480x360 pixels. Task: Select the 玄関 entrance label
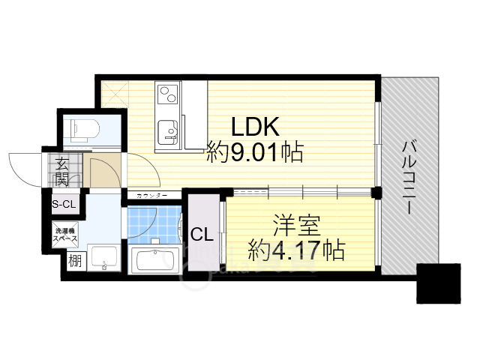coord(61,171)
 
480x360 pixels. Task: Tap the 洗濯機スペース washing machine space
coord(64,233)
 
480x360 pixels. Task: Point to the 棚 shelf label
coord(74,262)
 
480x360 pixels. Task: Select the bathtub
coord(153,261)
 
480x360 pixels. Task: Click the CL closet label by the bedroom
coord(201,235)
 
